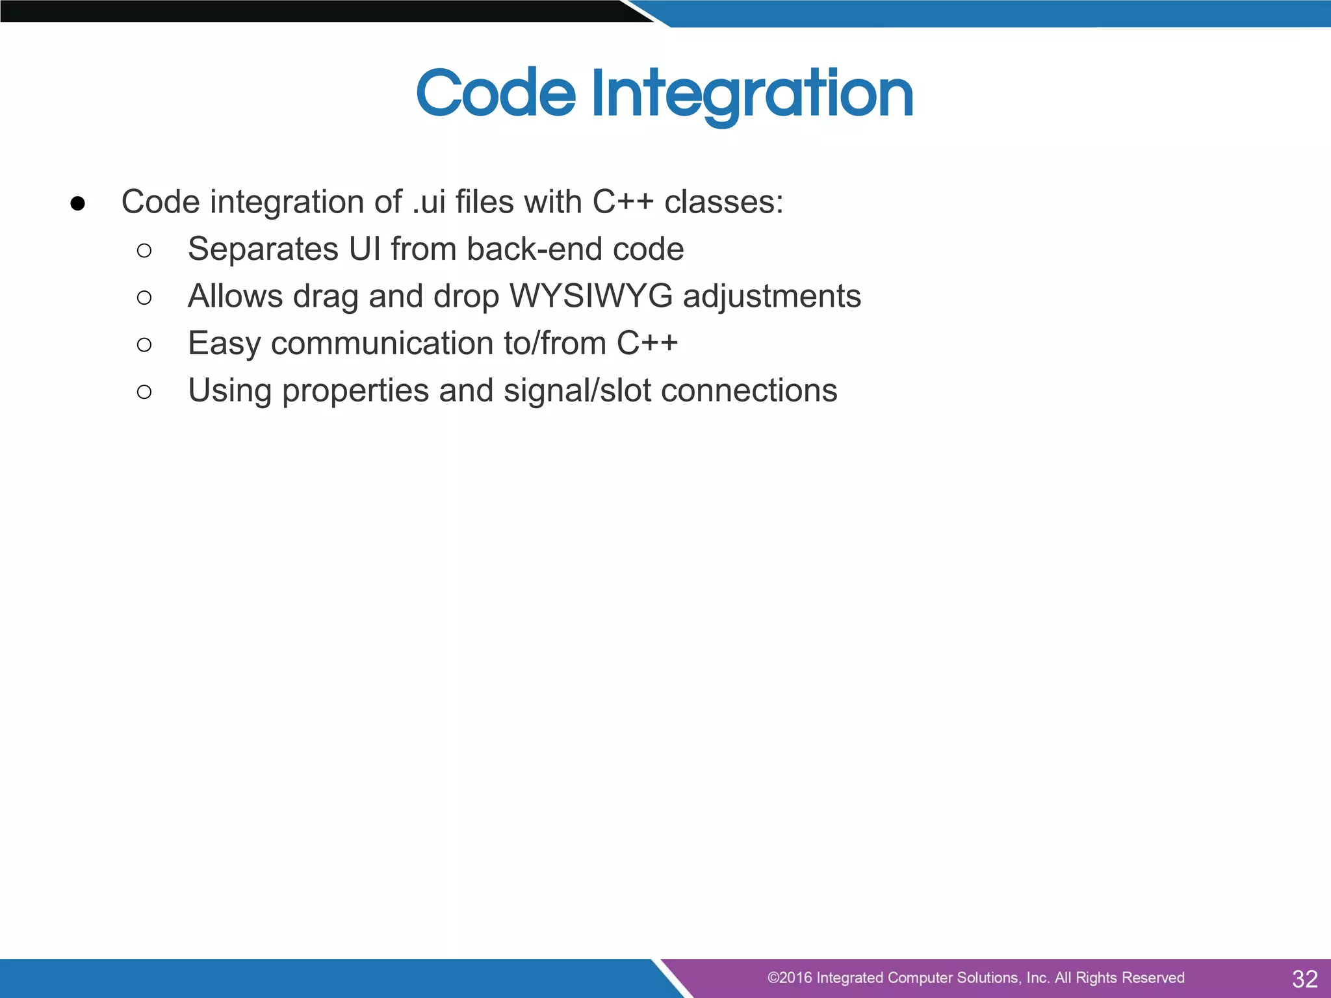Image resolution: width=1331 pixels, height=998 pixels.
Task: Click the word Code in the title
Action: point(496,94)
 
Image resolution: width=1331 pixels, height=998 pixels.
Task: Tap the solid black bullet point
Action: point(77,204)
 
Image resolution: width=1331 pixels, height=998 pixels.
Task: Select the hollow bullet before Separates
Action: point(144,251)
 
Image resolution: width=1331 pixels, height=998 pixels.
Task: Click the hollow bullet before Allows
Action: point(144,298)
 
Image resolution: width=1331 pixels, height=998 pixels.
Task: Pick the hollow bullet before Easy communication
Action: point(144,345)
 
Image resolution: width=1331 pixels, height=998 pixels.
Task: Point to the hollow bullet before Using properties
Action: point(144,392)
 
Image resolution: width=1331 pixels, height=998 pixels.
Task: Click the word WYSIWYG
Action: point(591,296)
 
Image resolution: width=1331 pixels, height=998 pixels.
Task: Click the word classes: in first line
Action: point(723,202)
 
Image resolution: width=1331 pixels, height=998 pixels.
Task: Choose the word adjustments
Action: point(771,298)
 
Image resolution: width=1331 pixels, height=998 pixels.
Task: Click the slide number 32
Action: point(1304,979)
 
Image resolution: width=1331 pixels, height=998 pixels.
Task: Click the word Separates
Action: point(263,250)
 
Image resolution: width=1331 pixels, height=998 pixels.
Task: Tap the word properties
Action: point(355,392)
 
